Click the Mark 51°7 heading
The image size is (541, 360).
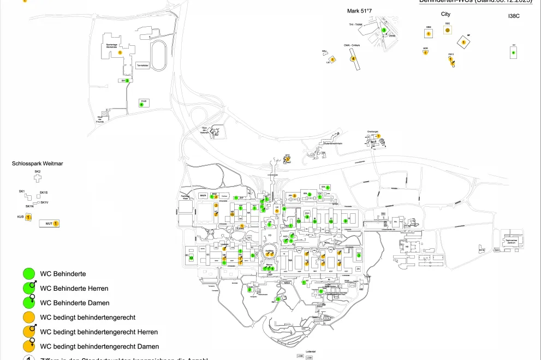359,11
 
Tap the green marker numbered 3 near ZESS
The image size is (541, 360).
384,31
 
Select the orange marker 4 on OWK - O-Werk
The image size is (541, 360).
353,58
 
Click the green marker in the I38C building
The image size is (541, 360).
513,53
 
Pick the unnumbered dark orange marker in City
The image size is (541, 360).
447,31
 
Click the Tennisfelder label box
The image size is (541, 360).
142,64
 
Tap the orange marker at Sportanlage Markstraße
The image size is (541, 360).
120,52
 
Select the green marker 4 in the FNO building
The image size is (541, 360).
141,104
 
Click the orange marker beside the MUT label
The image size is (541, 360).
56,224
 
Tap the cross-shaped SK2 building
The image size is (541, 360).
38,178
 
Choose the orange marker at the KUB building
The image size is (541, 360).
28,217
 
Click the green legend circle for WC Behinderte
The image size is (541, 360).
30,273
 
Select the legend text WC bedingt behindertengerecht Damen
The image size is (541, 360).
99,346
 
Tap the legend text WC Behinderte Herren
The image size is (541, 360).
74,288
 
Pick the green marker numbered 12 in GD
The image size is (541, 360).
191,258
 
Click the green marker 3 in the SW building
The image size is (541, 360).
127,80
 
